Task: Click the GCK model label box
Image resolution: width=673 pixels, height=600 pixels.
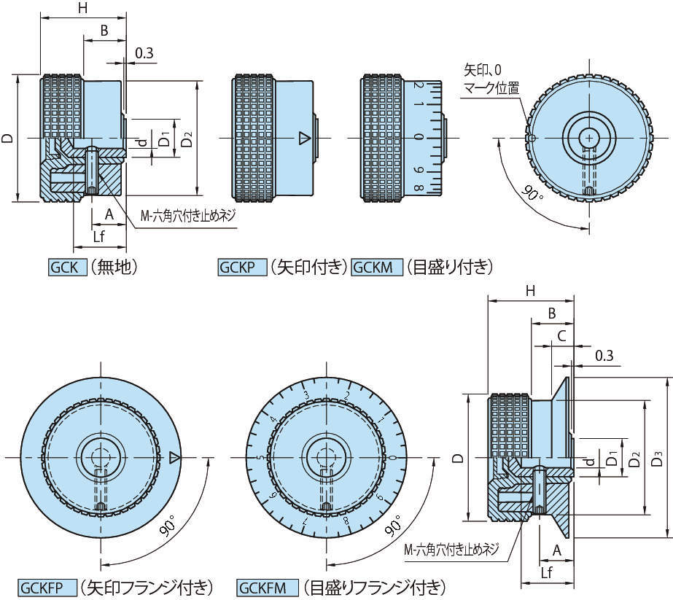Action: pyautogui.click(x=67, y=268)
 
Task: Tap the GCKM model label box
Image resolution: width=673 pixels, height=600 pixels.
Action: pyautogui.click(x=376, y=268)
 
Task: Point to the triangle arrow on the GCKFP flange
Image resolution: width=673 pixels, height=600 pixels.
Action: pyautogui.click(x=174, y=457)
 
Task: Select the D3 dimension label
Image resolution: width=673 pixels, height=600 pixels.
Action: pyautogui.click(x=658, y=459)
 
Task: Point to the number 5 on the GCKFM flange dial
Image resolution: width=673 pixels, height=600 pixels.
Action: pyautogui.click(x=260, y=458)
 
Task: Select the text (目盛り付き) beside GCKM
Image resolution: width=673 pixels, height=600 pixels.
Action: pyautogui.click(x=449, y=268)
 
